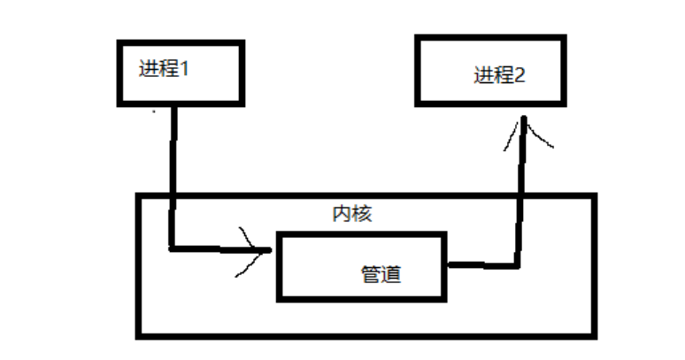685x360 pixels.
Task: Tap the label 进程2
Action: (499, 75)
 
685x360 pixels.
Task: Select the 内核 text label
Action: (351, 213)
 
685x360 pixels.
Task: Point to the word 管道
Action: (381, 274)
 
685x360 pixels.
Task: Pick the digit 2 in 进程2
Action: (520, 75)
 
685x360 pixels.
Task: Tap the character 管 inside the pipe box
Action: (372, 274)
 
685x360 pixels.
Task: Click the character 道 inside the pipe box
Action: (391, 274)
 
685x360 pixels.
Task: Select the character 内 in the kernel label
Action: (342, 213)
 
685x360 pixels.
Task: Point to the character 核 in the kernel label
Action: (361, 213)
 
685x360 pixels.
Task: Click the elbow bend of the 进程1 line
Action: (172, 249)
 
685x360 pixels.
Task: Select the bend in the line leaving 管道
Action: (518, 263)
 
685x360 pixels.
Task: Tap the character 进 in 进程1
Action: (148, 70)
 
